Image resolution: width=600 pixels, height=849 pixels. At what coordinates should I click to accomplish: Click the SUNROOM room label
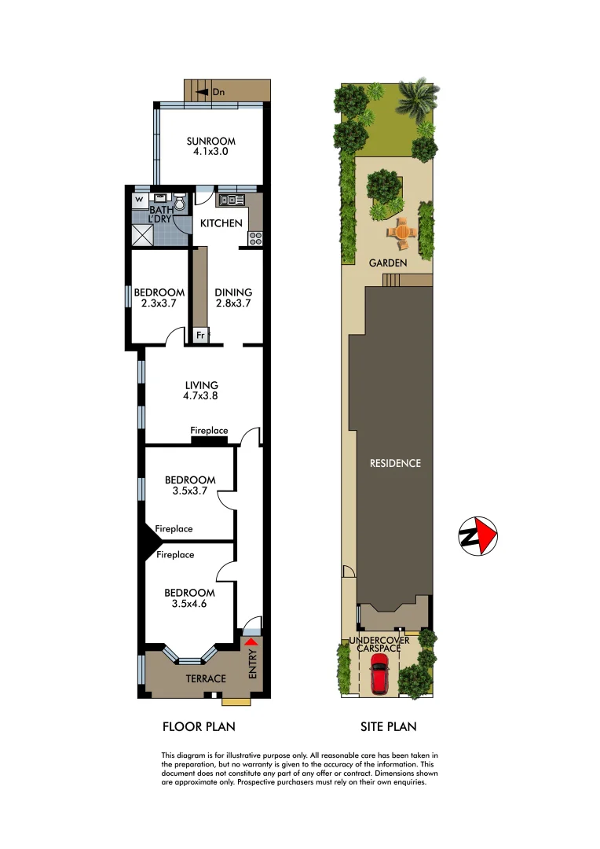pos(210,141)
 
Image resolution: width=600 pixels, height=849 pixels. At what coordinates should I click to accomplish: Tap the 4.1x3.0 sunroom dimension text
pos(210,153)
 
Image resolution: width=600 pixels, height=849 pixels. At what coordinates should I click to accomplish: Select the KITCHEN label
pos(221,223)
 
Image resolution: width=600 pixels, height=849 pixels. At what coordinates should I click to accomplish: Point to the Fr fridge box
pos(200,336)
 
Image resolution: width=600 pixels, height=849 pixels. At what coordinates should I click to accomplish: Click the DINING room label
pos(232,292)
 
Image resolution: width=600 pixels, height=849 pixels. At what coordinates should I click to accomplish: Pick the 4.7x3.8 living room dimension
pos(201,396)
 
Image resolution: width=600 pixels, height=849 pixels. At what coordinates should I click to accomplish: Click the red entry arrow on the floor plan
pos(251,642)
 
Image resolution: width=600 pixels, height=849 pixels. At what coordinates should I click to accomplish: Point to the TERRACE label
pos(206,678)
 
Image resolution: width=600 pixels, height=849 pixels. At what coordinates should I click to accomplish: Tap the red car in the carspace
pos(379,675)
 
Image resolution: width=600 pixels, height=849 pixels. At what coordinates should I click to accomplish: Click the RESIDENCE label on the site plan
pos(395,463)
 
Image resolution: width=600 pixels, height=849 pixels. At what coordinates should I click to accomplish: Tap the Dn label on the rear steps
pos(218,93)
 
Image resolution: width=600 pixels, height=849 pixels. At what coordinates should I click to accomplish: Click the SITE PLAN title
pos(389,726)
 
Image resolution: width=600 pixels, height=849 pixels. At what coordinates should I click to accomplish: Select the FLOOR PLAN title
pos(199,726)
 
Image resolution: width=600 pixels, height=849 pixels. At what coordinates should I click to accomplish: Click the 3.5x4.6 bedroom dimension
pos(189,604)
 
